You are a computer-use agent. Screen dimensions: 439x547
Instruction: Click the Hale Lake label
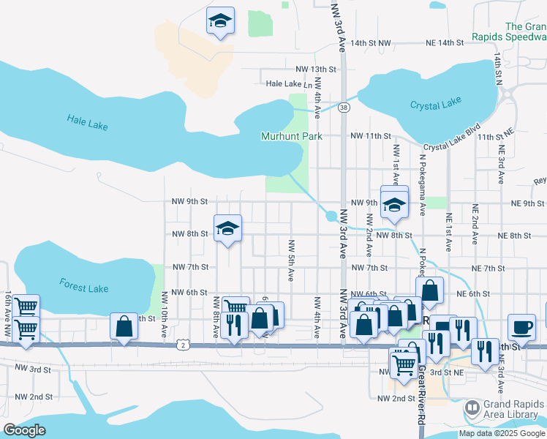(x=87, y=122)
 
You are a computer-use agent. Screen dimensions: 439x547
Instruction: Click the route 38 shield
(x=344, y=108)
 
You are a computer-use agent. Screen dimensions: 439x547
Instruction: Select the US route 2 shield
(x=181, y=344)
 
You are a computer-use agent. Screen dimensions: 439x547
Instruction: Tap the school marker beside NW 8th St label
(x=227, y=228)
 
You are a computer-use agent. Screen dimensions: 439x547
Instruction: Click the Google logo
(x=24, y=430)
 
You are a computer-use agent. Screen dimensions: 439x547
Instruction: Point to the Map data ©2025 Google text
(x=502, y=433)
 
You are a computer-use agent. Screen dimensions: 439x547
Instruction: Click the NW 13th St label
(x=315, y=69)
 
